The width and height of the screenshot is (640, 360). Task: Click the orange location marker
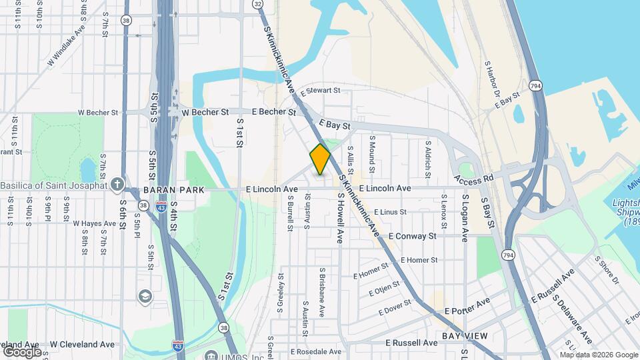click(x=321, y=159)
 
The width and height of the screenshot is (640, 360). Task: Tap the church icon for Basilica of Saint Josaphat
click(x=117, y=184)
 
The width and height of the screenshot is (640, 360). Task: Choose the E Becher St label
click(x=273, y=112)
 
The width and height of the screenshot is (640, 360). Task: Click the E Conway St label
click(x=412, y=236)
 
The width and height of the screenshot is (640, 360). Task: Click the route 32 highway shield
click(x=257, y=5)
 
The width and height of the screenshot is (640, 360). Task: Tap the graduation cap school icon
click(x=145, y=295)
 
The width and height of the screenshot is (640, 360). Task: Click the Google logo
click(x=22, y=351)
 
